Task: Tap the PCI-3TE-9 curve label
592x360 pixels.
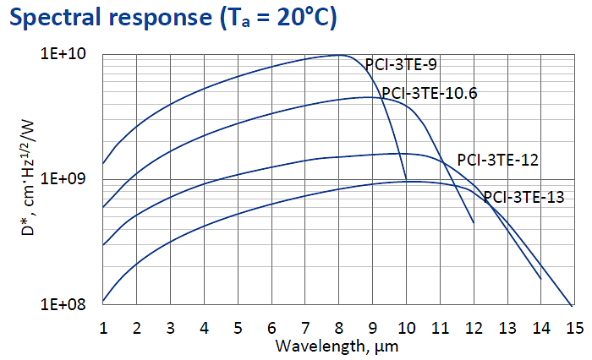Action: [x=401, y=64]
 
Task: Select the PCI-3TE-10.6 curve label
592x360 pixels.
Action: [x=429, y=94]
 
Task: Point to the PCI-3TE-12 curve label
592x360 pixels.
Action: [x=498, y=159]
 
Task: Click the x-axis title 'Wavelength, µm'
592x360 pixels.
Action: [x=337, y=346]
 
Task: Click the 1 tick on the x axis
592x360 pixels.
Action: [x=103, y=327]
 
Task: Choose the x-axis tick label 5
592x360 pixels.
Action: [x=238, y=327]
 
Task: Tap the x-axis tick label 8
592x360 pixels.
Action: [x=339, y=327]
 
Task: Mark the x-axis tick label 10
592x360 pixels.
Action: [x=406, y=327]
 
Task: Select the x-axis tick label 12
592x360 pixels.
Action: [x=474, y=327]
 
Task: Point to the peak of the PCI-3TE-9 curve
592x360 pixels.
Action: [x=339, y=55]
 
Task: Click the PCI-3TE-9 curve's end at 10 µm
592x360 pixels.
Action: [x=406, y=179]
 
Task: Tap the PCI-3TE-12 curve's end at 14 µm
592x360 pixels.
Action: [x=540, y=278]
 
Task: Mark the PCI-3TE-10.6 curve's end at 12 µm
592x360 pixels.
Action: [x=474, y=223]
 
